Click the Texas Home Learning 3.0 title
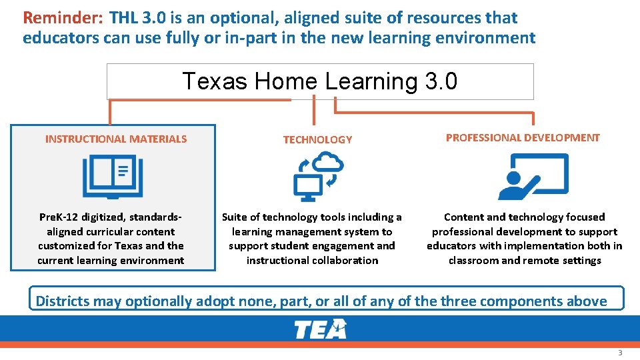320,81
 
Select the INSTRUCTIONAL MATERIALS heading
116,139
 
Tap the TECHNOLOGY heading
317,140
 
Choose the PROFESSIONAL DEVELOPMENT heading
523,138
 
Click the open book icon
113,176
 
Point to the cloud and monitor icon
319,176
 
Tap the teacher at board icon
533,176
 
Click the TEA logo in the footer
321,329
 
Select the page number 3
620,353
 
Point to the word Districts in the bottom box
62,301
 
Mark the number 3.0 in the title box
440,81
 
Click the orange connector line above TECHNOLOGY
314,107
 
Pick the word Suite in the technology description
234,217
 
